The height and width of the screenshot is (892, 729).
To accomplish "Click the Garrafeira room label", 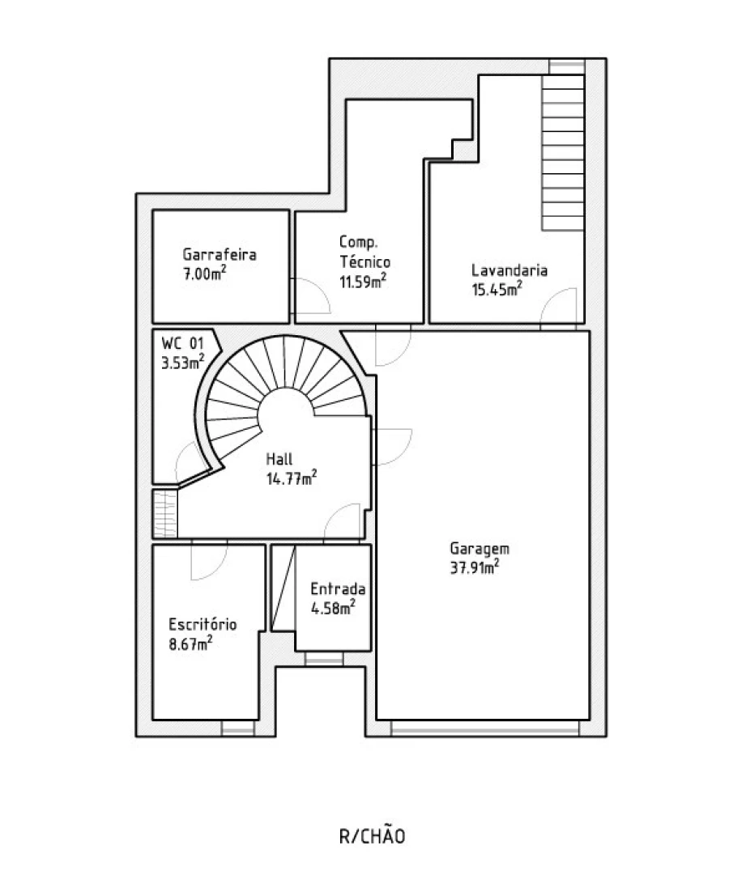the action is coord(219,254).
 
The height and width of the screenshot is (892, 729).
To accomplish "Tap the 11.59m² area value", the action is coord(363,280).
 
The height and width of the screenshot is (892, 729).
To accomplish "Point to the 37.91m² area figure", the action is coord(475,567).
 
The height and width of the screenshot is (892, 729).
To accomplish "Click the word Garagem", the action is coord(480,549).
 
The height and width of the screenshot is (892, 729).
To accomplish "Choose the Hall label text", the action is coord(279,458).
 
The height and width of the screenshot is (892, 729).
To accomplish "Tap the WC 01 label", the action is coord(182,343).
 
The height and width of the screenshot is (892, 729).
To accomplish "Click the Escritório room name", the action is coord(202,624).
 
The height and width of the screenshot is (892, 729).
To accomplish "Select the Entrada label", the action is coord(338,588).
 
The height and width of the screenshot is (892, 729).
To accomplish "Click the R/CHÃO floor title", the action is coord(372,836).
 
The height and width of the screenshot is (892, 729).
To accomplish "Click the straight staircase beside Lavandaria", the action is coord(564,152).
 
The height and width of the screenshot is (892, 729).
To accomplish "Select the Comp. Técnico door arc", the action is coord(318,290).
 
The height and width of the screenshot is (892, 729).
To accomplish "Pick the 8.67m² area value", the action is coord(190,644).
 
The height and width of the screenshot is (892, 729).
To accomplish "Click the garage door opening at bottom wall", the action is coord(485,728).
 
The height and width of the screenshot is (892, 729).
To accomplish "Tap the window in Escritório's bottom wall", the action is coord(238,728).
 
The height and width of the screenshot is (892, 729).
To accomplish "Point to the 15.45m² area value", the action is coord(497,289).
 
